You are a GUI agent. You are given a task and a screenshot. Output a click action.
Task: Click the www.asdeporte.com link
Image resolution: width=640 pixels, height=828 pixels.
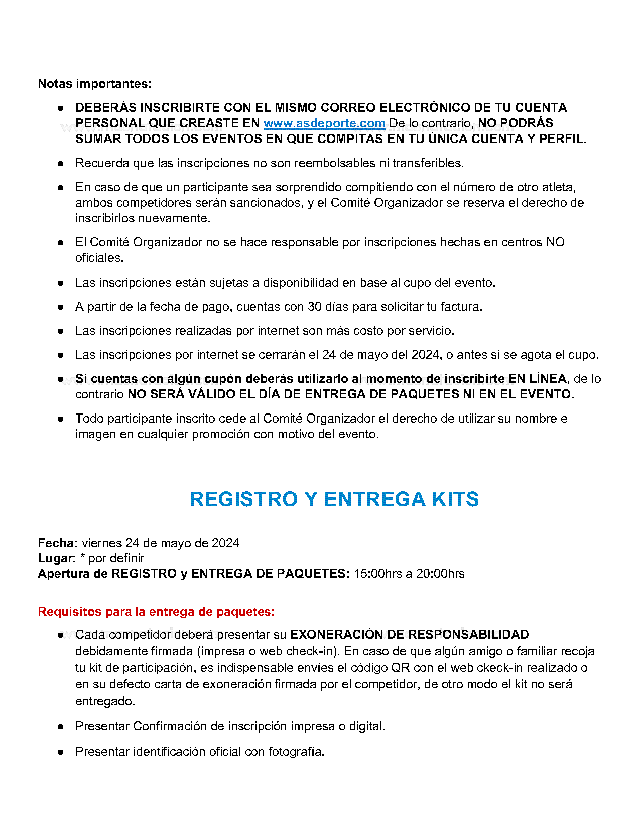click(324, 123)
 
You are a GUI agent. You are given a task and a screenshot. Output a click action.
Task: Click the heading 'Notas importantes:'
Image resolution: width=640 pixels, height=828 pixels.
click(94, 84)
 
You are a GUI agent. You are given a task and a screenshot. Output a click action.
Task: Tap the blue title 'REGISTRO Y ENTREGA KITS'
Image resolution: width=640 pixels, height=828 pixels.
click(334, 499)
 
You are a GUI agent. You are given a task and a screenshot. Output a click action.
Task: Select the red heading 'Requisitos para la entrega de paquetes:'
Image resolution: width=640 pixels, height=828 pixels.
click(156, 612)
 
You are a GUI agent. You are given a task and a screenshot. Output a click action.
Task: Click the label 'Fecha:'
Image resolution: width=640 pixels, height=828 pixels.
click(58, 543)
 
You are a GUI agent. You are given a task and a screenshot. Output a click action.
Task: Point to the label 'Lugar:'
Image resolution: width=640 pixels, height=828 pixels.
click(57, 558)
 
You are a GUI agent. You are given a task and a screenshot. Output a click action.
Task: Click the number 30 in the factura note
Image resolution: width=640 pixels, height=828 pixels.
click(315, 307)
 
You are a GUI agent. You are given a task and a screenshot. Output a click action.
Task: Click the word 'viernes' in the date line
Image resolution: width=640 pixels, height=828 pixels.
click(102, 543)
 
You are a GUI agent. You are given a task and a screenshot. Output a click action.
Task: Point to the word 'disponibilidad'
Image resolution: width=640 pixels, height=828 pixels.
click(301, 283)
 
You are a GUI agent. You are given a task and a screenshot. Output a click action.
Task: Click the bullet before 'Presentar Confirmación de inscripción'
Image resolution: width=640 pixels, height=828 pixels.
click(61, 727)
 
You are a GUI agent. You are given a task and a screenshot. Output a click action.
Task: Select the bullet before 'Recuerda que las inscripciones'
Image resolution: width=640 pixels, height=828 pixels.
click(61, 164)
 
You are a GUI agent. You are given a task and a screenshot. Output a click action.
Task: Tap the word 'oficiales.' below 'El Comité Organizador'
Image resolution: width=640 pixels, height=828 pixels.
click(99, 258)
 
